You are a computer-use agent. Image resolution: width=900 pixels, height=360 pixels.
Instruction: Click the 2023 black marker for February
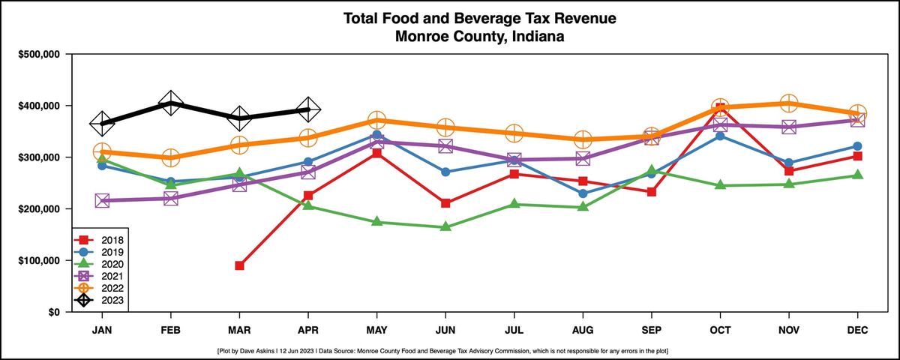click(170, 103)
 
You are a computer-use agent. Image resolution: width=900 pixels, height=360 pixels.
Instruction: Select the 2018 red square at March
click(239, 265)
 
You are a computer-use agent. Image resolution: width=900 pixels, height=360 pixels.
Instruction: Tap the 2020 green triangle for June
click(445, 226)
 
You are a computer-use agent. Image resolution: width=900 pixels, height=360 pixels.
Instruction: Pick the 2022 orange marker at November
click(788, 103)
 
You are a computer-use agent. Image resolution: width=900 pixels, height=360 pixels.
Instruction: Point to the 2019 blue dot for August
click(583, 193)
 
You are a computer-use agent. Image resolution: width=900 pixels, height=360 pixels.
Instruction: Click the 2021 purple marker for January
click(102, 200)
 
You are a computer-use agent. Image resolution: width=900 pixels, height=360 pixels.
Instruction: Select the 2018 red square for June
click(445, 203)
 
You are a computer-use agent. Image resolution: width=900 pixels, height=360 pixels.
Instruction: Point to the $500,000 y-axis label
click(40, 55)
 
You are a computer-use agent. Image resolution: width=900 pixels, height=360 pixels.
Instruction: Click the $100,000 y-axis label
click(40, 261)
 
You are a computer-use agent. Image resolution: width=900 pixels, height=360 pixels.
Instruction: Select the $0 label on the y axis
click(54, 312)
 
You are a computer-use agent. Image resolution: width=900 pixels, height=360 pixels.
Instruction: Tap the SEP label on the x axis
click(651, 329)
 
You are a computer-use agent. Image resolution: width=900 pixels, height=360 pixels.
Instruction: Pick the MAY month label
click(376, 329)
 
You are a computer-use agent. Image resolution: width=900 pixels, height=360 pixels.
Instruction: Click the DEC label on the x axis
click(857, 329)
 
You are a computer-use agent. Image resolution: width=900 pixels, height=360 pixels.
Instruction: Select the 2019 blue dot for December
click(857, 146)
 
